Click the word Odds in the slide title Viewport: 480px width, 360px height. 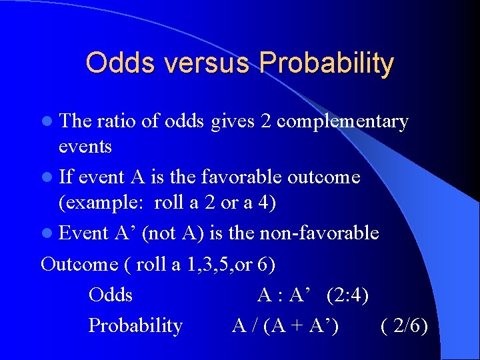[x=117, y=63]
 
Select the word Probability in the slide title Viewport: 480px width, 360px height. [x=327, y=63]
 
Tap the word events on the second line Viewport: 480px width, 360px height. [x=85, y=146]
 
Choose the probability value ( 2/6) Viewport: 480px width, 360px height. [x=404, y=325]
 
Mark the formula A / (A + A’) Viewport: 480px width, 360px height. [x=285, y=325]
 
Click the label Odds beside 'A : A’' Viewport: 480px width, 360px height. [x=111, y=295]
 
